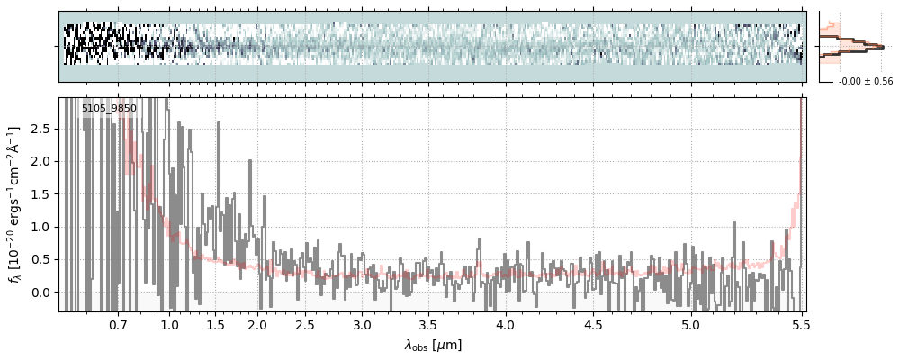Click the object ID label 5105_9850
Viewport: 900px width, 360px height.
click(x=109, y=109)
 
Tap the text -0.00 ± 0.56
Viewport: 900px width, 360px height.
click(x=865, y=82)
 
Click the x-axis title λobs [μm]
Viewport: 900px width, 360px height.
click(x=433, y=345)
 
